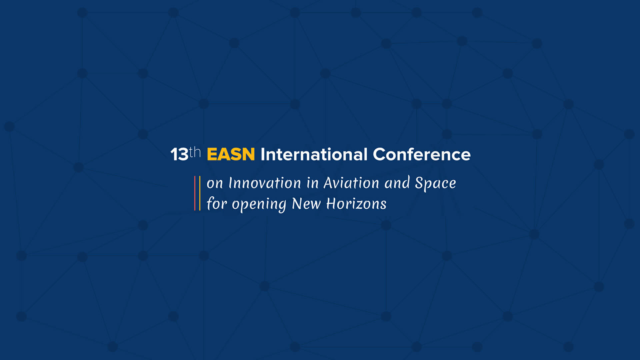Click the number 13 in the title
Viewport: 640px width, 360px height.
pos(179,154)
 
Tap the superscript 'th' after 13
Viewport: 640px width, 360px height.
pos(195,152)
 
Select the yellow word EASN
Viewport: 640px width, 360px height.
pos(231,154)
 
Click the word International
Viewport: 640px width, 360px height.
pos(314,154)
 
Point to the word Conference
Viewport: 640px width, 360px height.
pos(422,154)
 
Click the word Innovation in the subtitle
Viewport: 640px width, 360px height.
pos(265,183)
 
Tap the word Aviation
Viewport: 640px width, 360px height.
pos(351,183)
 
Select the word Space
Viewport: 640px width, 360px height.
pos(435,183)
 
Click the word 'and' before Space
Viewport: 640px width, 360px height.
pos(397,183)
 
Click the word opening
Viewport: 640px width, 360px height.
pos(259,204)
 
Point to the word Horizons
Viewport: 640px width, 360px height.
pos(356,203)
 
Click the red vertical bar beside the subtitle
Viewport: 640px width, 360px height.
pos(195,193)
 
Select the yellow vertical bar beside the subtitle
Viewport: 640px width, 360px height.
pos(200,193)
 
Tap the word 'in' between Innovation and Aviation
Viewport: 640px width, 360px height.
pos(313,183)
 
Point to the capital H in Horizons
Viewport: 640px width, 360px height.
pos(331,203)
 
